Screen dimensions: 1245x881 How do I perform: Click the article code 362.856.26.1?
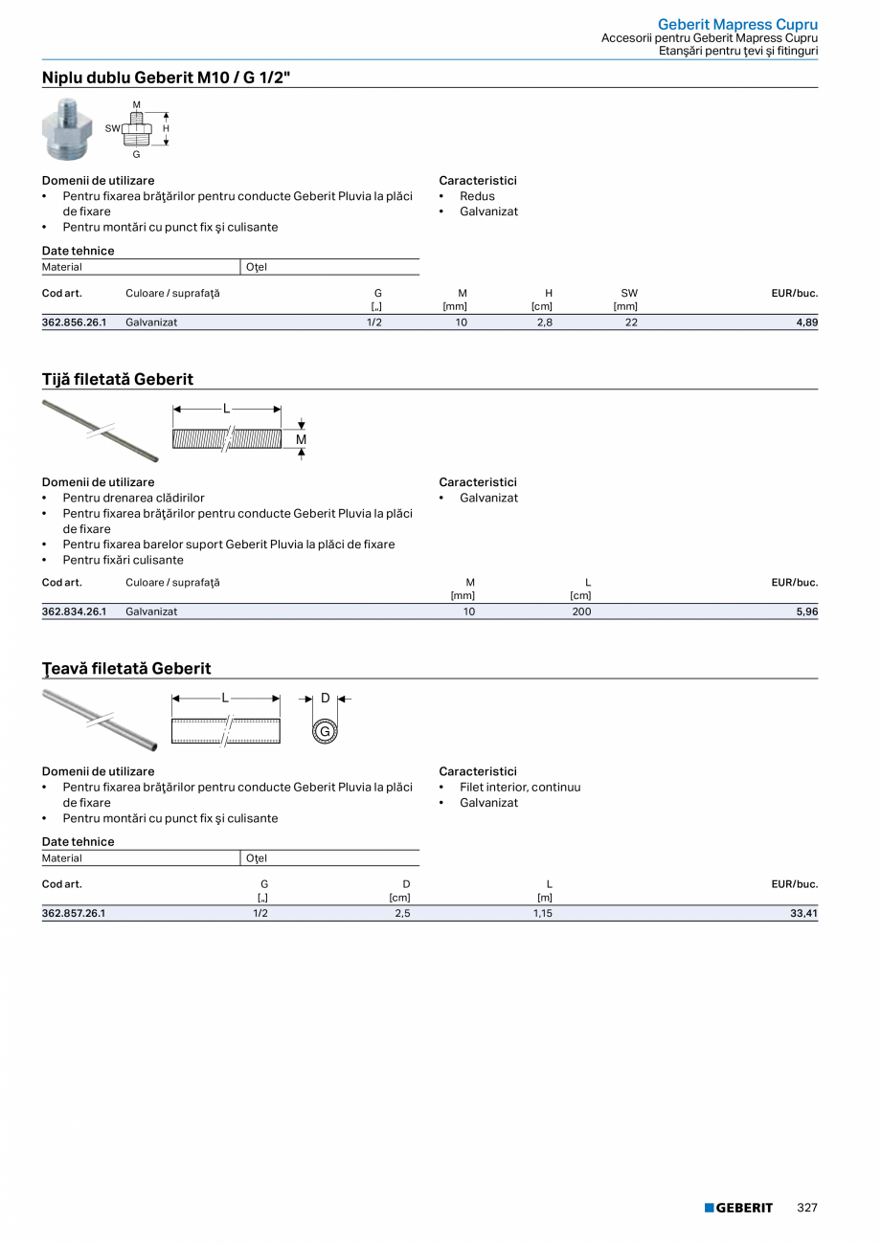[x=74, y=322]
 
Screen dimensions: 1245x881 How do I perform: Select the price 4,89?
[x=806, y=322]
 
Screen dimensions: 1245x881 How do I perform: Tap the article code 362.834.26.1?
[x=74, y=611]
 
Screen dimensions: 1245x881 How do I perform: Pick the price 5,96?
[x=806, y=611]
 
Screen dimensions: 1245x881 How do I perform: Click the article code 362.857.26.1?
[x=74, y=913]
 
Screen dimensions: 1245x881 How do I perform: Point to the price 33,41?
[x=803, y=913]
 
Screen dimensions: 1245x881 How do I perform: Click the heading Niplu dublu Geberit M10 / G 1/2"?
[x=166, y=78]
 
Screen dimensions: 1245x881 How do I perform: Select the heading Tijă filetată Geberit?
[x=118, y=379]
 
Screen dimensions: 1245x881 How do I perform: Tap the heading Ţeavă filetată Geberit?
[x=126, y=668]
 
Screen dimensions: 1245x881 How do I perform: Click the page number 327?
[x=807, y=1208]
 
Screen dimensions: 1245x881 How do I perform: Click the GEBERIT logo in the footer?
[x=738, y=1208]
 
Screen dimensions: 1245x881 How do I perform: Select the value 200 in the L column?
[x=581, y=611]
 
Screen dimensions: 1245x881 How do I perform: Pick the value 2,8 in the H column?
[x=544, y=322]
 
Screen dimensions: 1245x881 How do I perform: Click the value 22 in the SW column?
[x=631, y=322]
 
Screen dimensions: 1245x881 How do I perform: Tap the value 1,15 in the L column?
[x=543, y=913]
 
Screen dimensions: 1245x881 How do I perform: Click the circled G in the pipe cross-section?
[x=325, y=732]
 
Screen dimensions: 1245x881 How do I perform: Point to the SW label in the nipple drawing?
[x=112, y=127]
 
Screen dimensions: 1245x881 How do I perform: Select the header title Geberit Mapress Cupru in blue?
[x=737, y=24]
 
